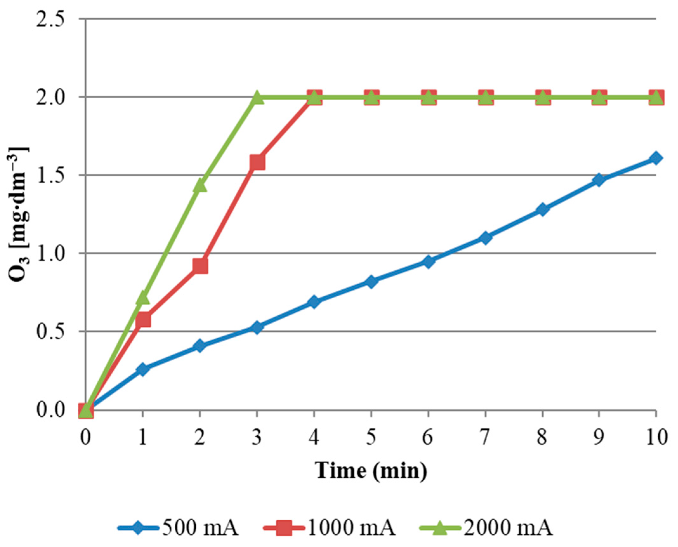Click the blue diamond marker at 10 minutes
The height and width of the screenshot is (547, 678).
(655, 158)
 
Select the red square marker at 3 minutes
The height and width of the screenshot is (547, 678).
(257, 162)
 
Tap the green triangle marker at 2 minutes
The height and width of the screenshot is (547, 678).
(200, 185)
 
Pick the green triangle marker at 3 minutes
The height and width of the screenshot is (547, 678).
(257, 98)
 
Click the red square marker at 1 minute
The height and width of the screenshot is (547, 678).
(143, 320)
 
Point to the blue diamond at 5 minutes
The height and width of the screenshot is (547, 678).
(371, 281)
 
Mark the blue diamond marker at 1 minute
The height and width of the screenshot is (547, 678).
(143, 369)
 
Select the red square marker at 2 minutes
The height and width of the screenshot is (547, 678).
(200, 266)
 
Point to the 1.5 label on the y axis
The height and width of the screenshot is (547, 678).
(50, 175)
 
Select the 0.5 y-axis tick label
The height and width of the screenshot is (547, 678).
(50, 332)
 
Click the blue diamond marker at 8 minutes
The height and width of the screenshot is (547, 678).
(542, 209)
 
